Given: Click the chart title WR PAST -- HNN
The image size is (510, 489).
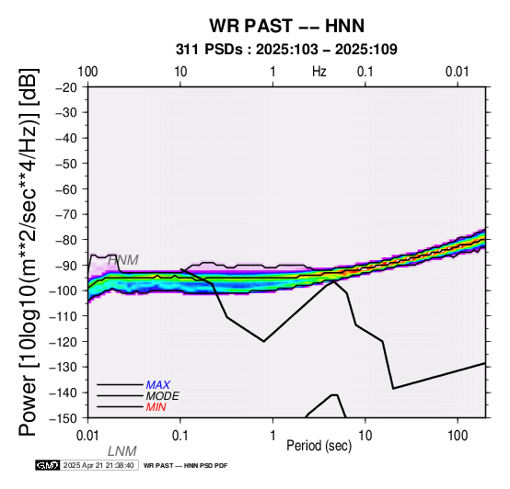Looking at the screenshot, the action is (x=286, y=26).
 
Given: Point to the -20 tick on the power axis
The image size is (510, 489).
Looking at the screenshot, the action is (x=66, y=87).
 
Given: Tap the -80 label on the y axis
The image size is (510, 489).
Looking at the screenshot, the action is (x=66, y=240).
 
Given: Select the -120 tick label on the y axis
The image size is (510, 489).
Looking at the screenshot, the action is (x=64, y=342).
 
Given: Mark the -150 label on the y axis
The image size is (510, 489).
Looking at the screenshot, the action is (x=64, y=418).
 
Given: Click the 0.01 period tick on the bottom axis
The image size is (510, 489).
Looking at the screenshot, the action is (x=87, y=436).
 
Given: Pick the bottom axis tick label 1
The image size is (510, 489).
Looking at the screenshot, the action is (x=272, y=436).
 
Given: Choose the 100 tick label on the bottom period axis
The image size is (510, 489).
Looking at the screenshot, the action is (x=458, y=436).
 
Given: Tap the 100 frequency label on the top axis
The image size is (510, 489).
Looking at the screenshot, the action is (x=87, y=72).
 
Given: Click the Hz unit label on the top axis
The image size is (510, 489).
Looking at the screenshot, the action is (x=319, y=72).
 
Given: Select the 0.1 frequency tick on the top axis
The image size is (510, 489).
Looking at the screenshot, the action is (x=365, y=72).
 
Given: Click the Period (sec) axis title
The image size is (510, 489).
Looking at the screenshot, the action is (x=319, y=446).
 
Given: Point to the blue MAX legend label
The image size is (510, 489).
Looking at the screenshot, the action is (x=157, y=385).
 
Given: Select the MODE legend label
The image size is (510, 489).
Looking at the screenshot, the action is (x=163, y=396).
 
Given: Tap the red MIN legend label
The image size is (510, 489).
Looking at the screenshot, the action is (x=156, y=407).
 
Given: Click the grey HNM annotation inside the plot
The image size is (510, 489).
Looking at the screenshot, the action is (x=123, y=260).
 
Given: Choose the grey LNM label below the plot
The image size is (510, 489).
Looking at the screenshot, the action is (x=122, y=451).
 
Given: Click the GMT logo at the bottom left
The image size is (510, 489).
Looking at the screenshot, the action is (x=48, y=465).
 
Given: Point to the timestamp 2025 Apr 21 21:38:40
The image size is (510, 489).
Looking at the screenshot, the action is (x=99, y=465).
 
